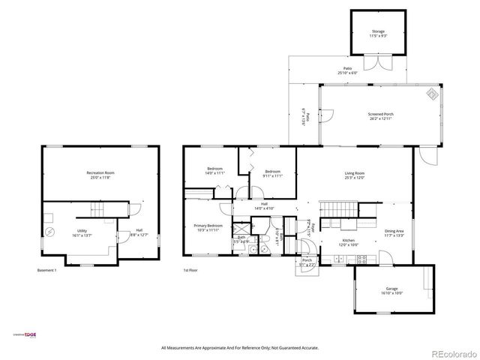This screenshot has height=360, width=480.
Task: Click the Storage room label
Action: click(377, 34)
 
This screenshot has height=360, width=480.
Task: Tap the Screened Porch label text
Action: click(381, 116)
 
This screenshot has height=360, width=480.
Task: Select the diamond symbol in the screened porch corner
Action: click(433, 94)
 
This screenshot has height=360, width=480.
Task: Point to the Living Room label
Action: click(354, 175)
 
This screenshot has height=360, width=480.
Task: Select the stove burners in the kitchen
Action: click(361, 259)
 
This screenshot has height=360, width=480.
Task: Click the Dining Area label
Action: click(394, 232)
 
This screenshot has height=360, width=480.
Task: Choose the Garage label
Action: click(391, 290)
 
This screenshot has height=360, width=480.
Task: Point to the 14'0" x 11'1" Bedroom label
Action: click(215, 172)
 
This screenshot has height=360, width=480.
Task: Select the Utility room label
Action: click(80, 232)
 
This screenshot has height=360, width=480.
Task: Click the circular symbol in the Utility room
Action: click(49, 232)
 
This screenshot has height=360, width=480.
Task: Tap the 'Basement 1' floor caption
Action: click(47, 270)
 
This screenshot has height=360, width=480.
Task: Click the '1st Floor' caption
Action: click(190, 270)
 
